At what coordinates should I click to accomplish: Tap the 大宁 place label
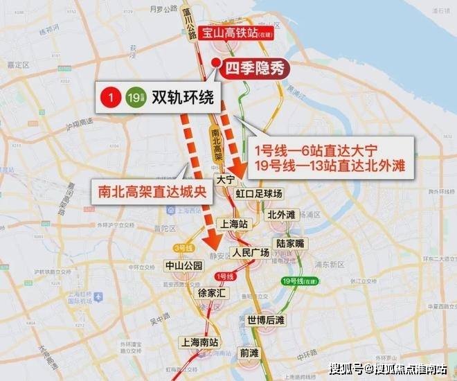click(225, 179)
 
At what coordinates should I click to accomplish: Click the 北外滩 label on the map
click(281, 214)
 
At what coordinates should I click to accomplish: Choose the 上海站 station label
click(233, 224)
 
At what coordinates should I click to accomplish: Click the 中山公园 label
click(183, 265)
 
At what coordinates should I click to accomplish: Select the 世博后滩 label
click(266, 320)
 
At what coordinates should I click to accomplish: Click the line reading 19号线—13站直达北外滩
click(329, 166)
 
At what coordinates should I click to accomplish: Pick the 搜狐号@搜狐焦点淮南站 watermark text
click(388, 368)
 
